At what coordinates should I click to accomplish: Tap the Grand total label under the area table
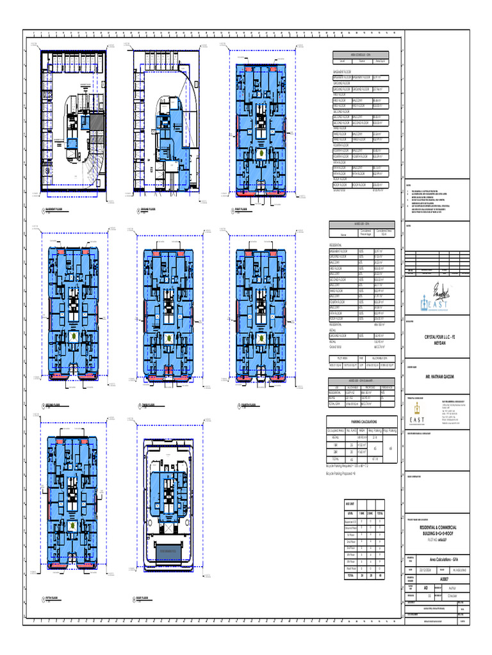[336, 345]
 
